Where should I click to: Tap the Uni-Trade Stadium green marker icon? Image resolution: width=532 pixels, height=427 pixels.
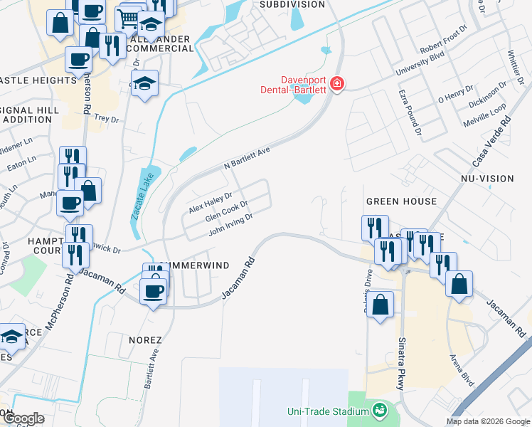(x=380, y=411)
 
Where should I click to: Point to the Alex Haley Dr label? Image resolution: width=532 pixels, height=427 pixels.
(x=211, y=202)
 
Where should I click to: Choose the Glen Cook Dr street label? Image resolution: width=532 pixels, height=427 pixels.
(x=226, y=213)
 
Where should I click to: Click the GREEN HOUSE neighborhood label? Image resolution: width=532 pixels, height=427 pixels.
(x=401, y=201)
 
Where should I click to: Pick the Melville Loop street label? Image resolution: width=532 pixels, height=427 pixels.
(x=487, y=115)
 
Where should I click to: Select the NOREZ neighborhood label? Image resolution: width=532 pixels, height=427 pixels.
(x=145, y=340)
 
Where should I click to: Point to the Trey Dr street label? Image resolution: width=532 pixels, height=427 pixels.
(x=106, y=119)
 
